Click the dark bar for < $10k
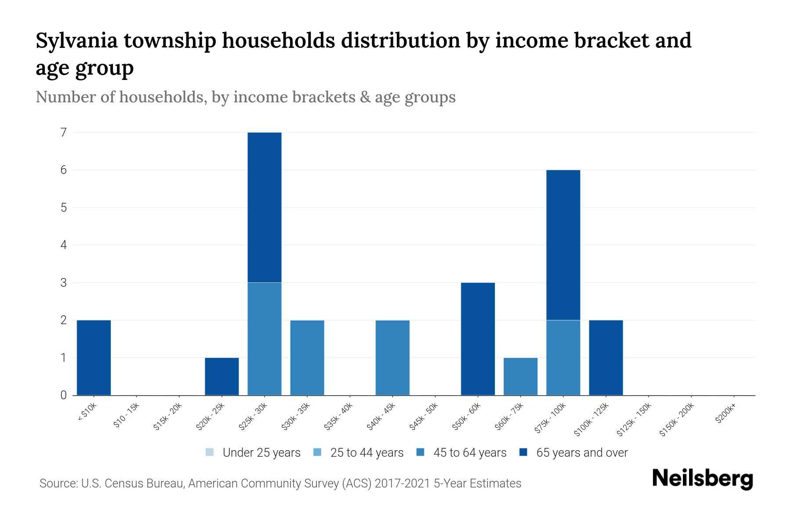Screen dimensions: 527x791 [94, 357]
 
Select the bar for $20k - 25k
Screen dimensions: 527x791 [222, 376]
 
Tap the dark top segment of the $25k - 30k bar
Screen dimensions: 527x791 [265, 207]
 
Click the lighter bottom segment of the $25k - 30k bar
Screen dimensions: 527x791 [265, 339]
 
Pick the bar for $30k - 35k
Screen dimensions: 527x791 [307, 357]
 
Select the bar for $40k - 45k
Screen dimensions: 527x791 [392, 357]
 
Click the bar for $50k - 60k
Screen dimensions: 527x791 [478, 339]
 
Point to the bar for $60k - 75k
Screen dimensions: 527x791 [520, 376]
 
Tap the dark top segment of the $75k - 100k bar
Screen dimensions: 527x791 [563, 245]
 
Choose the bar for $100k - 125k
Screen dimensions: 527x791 [606, 357]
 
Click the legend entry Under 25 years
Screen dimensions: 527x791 [253, 453]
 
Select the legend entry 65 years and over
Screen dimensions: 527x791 [573, 453]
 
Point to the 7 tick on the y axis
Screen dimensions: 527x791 [64, 132]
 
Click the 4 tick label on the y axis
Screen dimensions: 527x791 [64, 245]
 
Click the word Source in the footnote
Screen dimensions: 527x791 [58, 484]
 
